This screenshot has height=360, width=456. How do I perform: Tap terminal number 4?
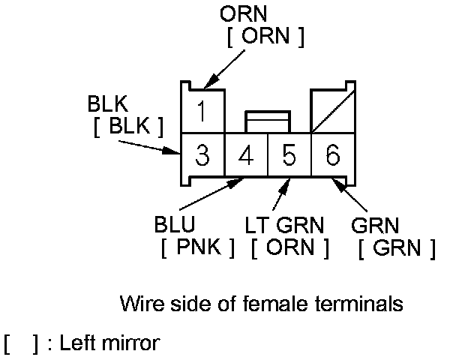click(x=246, y=156)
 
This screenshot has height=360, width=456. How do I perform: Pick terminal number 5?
click(x=289, y=156)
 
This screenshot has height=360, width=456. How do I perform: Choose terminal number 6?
click(x=332, y=156)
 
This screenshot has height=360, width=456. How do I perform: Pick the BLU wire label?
click(x=175, y=224)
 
